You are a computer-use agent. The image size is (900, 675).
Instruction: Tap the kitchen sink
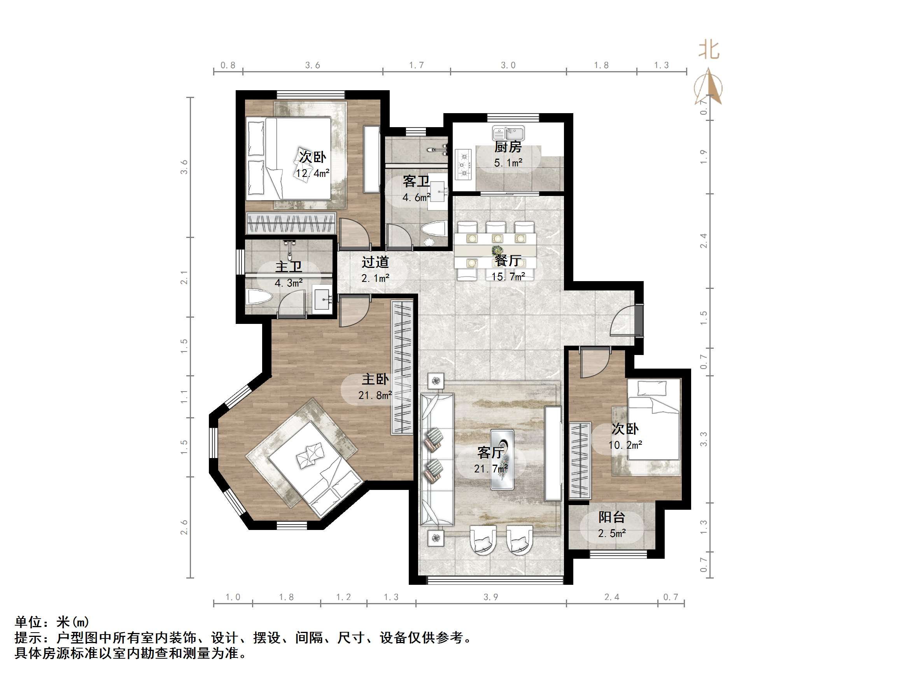(x=509, y=133)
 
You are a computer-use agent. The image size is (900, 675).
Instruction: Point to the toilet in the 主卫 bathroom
(x=258, y=297)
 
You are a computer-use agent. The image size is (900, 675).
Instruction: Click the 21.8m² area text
(x=375, y=395)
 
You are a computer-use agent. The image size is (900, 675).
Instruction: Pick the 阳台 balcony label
(x=611, y=517)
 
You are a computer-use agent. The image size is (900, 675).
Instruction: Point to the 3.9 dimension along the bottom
(x=491, y=597)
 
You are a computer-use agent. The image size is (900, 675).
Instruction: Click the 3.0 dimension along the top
(x=508, y=65)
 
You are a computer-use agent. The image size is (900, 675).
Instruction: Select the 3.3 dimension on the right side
(x=704, y=439)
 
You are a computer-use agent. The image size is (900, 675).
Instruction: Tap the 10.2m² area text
(x=625, y=445)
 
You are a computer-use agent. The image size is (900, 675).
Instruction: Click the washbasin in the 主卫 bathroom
(x=322, y=300)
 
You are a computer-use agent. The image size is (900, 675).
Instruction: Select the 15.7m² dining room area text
(x=508, y=277)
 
